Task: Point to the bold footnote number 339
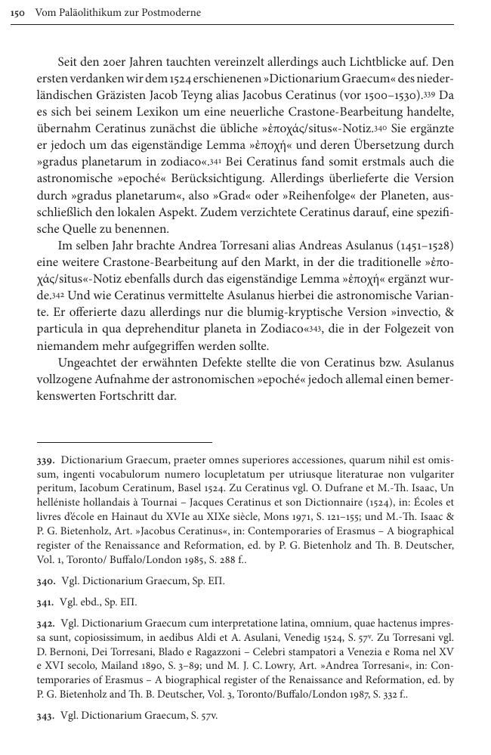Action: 46,459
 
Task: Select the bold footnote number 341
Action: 46,602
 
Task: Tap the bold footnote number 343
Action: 46,714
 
